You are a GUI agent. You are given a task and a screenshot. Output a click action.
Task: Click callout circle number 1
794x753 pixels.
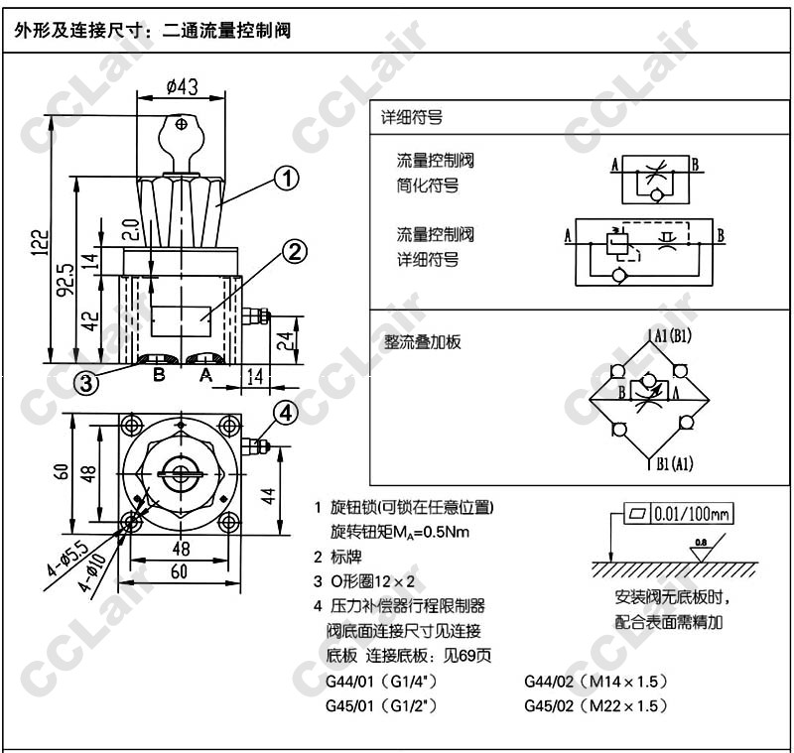point(286,180)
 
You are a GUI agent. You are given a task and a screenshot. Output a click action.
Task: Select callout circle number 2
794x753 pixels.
point(295,252)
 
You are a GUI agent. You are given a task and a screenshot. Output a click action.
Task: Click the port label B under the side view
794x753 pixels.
point(158,375)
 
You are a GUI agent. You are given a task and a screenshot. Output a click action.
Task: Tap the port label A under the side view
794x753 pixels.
point(205,375)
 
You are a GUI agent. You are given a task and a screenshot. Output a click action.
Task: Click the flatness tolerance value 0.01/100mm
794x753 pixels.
point(692,514)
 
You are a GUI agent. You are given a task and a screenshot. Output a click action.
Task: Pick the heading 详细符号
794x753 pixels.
point(412,117)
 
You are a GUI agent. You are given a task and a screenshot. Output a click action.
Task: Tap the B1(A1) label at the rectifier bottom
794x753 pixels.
point(672,462)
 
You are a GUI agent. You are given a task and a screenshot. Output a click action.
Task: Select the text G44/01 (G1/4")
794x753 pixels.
point(382,683)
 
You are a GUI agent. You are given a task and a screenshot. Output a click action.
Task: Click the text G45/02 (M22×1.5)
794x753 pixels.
point(595,705)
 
